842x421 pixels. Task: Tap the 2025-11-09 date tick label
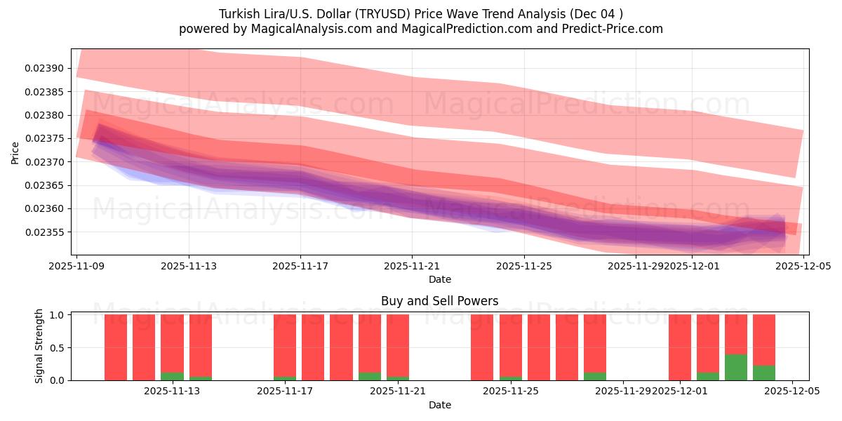[76, 266]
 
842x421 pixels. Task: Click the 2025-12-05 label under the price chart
[803, 266]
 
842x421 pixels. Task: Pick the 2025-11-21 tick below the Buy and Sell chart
[397, 392]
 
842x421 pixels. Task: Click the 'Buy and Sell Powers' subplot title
[439, 301]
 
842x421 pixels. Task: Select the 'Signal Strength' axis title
[39, 346]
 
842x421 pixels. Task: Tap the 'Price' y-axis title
[15, 152]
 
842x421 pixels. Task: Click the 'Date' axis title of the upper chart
[439, 279]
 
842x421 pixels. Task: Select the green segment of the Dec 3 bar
[736, 367]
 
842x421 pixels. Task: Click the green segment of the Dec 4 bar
[764, 373]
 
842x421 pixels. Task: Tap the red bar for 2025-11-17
[285, 345]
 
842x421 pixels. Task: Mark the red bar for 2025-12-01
[680, 347]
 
